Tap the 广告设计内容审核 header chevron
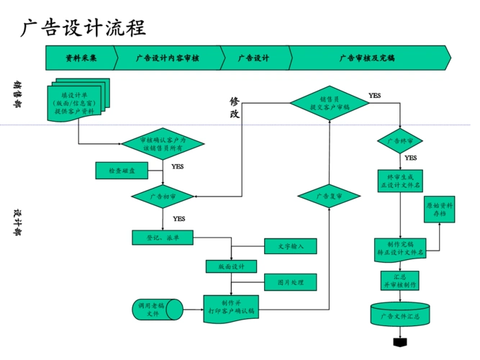(x=167, y=58)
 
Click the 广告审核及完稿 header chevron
(x=367, y=58)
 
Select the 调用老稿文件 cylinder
(x=152, y=309)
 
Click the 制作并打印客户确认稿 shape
(x=230, y=307)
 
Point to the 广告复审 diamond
(x=329, y=195)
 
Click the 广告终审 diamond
(x=399, y=140)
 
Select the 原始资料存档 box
(x=439, y=209)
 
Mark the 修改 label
(x=235, y=108)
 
